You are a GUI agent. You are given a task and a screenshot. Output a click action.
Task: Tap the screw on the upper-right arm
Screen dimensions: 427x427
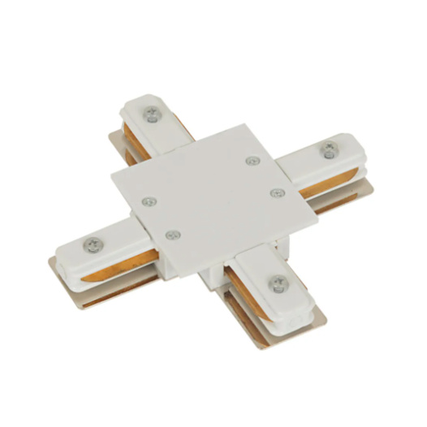tap(330, 149)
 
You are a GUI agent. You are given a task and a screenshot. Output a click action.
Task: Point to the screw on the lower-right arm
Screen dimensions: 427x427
tap(278, 283)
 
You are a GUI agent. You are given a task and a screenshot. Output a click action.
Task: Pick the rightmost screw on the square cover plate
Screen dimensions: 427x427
tap(278, 192)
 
